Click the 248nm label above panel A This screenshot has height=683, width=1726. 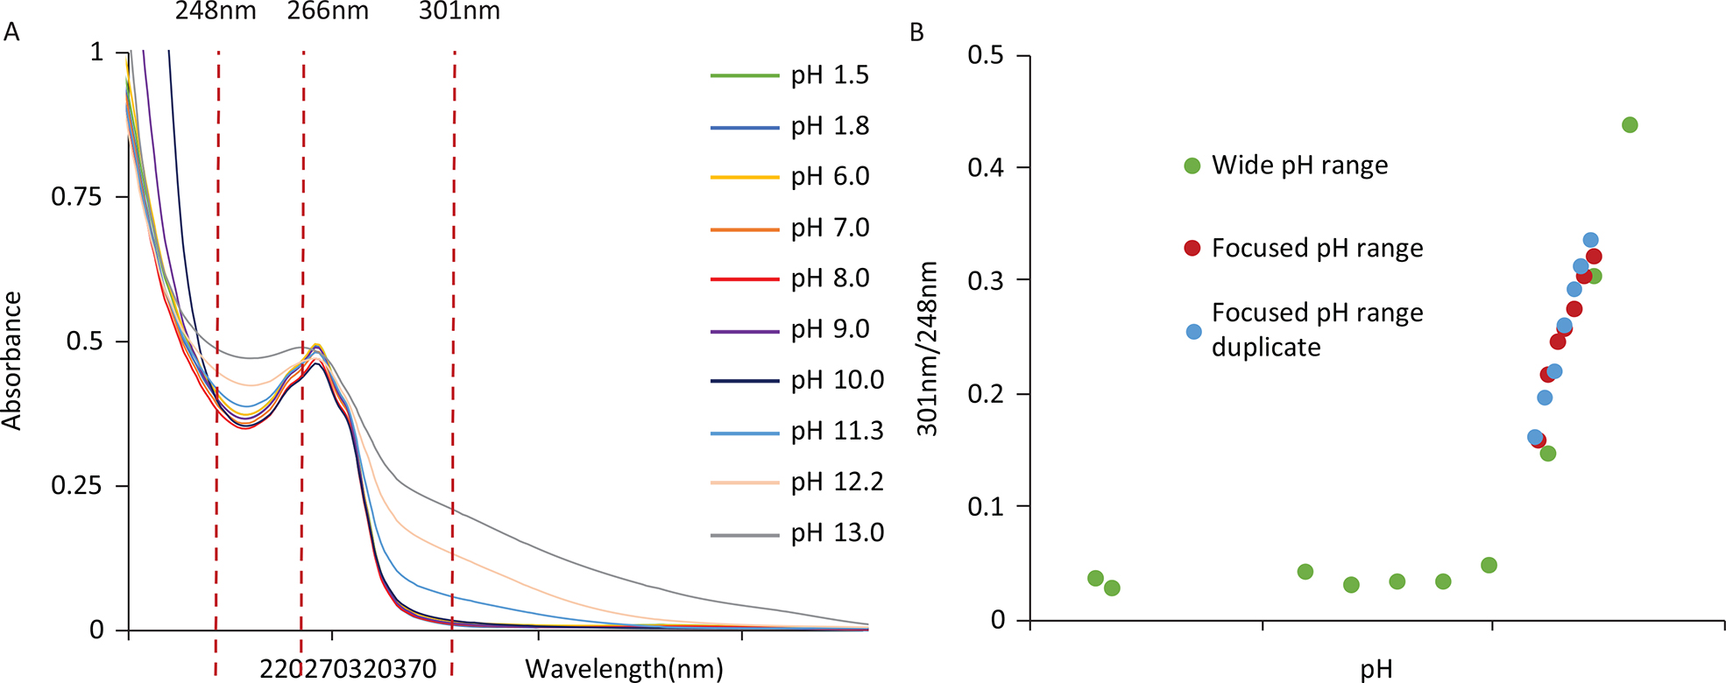(x=216, y=11)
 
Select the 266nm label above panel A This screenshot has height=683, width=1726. (x=328, y=11)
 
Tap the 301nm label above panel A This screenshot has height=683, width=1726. (x=459, y=11)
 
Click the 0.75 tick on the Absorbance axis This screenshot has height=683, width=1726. (x=77, y=197)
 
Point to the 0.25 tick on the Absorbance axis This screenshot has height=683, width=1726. (x=77, y=486)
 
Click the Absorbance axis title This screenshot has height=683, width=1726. (x=12, y=361)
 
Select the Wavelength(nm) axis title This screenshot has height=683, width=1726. (x=624, y=669)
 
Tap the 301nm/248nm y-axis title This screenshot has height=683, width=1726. (x=927, y=349)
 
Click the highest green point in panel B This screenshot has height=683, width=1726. (x=1630, y=125)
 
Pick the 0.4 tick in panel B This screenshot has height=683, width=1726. (x=986, y=168)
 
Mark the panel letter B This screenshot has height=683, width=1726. (x=917, y=33)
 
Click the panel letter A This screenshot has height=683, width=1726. (x=11, y=33)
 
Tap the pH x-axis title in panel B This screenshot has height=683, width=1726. (x=1376, y=670)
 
